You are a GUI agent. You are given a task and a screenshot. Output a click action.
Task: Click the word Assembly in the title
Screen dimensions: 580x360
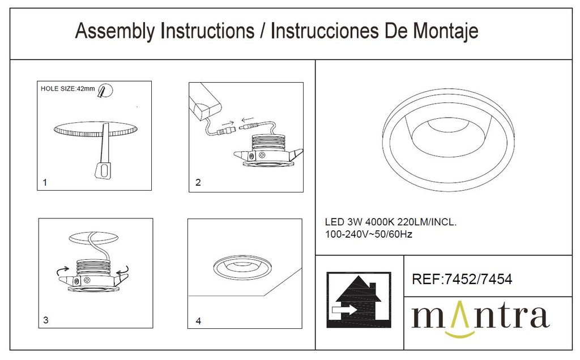[116, 32]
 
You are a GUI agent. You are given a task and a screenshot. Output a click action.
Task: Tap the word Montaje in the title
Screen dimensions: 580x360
[445, 32]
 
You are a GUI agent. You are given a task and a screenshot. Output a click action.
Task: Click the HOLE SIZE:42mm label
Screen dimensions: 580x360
[68, 89]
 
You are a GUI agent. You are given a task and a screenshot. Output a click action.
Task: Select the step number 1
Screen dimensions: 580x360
[45, 182]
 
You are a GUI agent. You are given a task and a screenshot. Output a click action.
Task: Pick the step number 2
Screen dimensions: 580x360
[198, 182]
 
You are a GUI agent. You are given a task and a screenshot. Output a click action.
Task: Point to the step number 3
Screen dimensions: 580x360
[46, 320]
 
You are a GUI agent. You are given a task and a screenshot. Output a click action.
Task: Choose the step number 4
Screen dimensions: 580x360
[199, 321]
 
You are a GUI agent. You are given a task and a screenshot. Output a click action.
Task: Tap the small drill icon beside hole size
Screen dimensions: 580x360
[105, 91]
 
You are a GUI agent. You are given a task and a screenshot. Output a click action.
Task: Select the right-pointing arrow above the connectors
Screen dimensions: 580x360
[228, 123]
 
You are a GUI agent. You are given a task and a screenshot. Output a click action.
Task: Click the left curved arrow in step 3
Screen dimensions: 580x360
[62, 271]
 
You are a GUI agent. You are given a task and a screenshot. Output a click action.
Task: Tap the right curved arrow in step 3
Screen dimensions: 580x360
[123, 270]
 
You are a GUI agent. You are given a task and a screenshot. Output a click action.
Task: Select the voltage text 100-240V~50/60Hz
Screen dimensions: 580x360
[368, 234]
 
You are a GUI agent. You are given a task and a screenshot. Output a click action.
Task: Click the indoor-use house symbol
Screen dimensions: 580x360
[359, 300]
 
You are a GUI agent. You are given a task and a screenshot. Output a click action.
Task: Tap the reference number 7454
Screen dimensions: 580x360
[496, 279]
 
